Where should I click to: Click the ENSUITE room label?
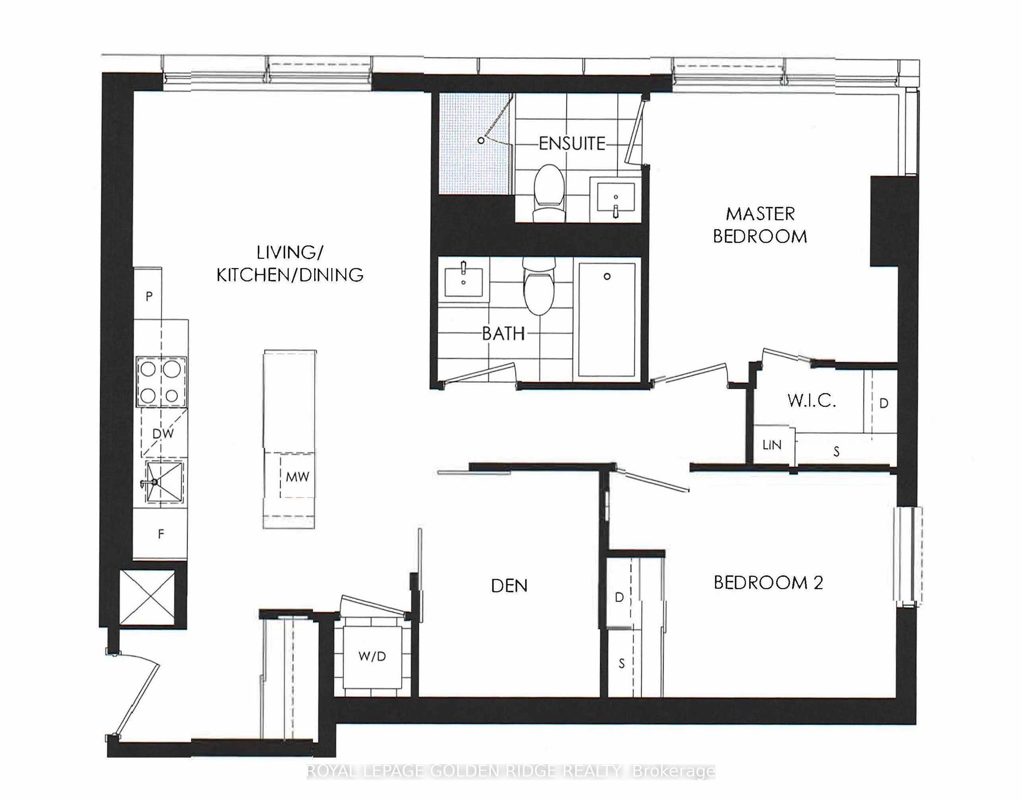(572, 143)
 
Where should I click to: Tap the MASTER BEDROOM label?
(760, 225)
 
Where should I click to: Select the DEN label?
(509, 586)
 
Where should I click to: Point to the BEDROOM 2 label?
(768, 582)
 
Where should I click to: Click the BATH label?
(504, 334)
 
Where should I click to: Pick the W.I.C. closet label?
(812, 400)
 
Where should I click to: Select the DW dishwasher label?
(163, 433)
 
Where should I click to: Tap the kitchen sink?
(164, 481)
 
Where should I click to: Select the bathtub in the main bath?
(607, 320)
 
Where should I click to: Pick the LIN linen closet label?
(772, 444)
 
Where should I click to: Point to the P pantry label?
(149, 296)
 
